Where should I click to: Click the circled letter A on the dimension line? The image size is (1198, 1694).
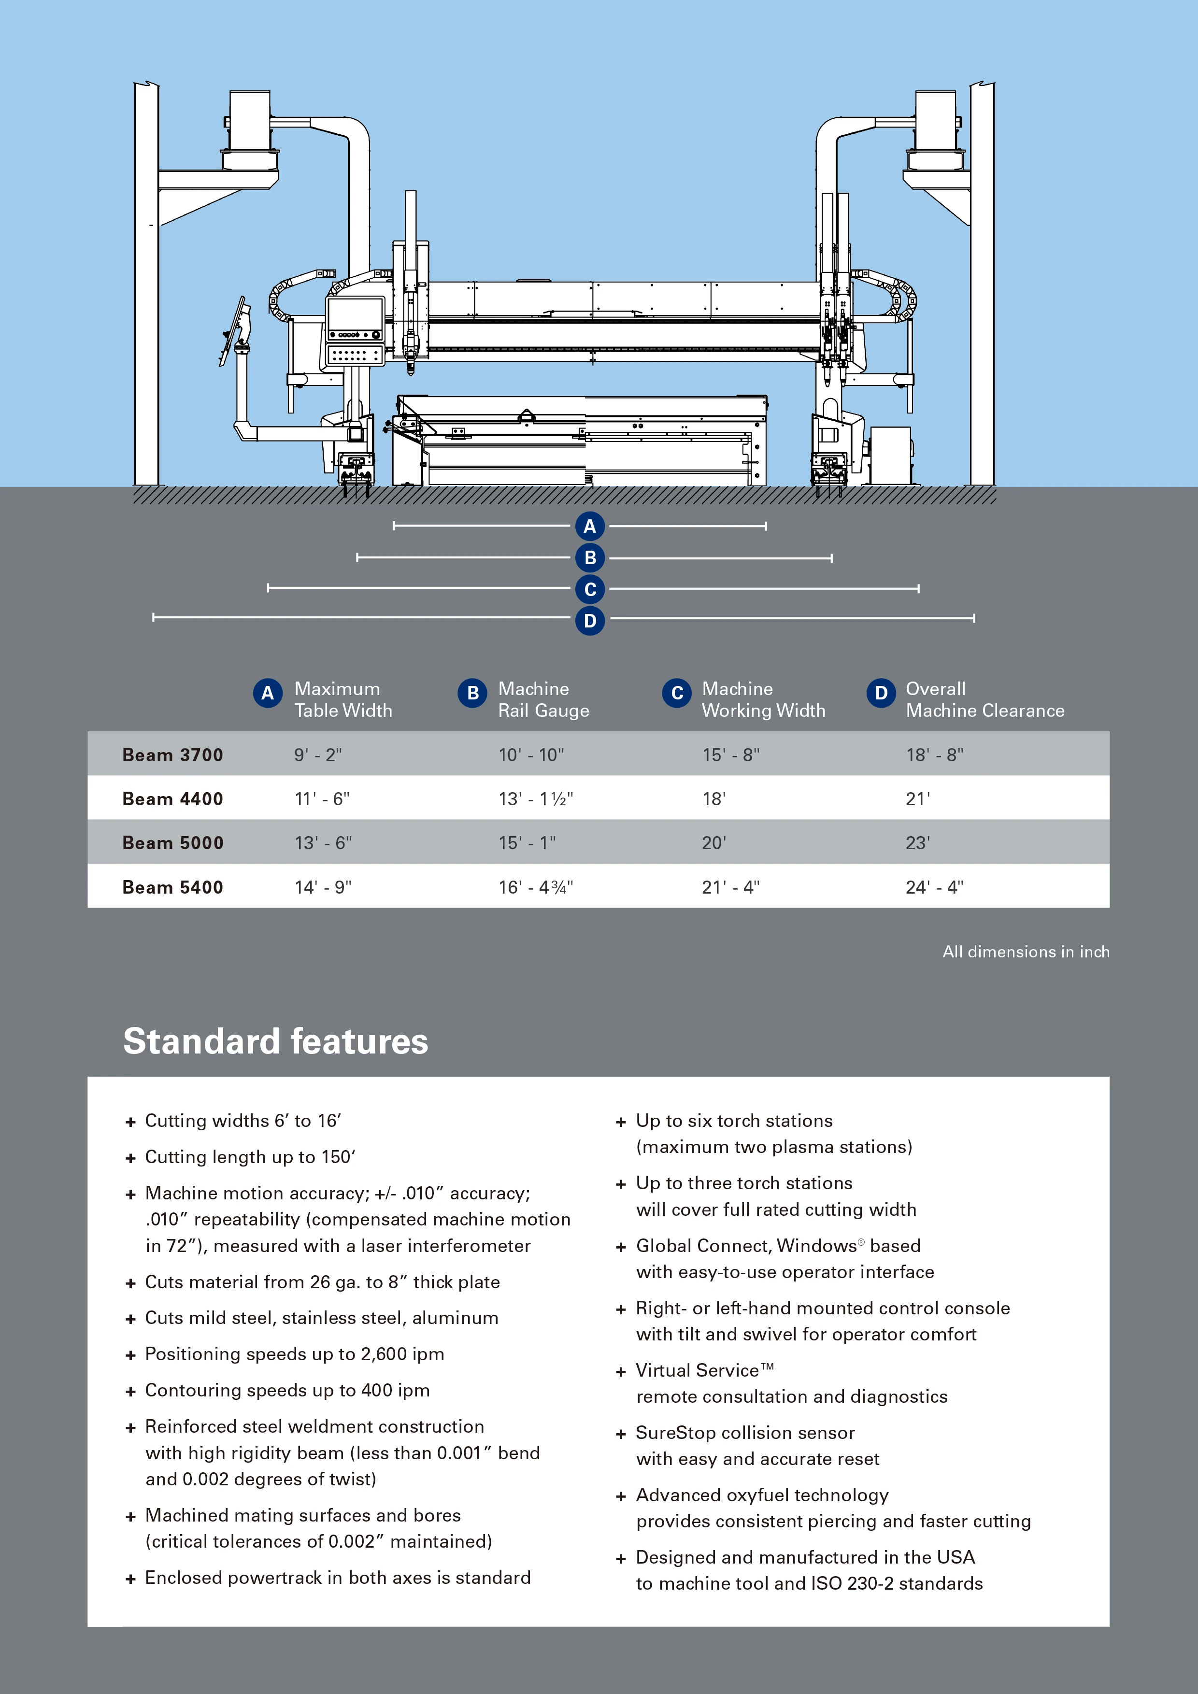589,526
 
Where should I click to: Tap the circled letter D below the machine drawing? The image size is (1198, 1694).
589,621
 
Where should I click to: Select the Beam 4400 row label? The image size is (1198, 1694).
172,798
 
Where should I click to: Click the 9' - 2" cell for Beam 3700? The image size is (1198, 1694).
318,755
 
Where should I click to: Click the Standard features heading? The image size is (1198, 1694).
275,1041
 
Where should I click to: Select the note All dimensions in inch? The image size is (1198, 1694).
1026,952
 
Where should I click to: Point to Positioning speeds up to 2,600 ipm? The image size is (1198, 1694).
294,1354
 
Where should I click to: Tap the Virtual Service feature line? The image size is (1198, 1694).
704,1370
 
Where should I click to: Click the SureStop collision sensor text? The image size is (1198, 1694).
745,1433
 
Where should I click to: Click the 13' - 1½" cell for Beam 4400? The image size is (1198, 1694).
536,798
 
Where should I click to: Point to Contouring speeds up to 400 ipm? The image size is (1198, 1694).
287,1390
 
